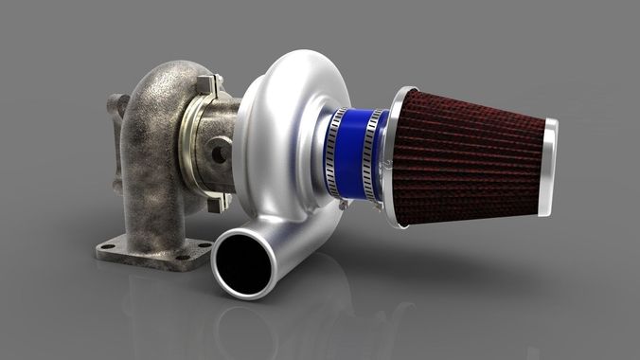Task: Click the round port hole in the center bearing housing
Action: (x=219, y=150)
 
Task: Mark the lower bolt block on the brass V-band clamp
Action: (x=217, y=203)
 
